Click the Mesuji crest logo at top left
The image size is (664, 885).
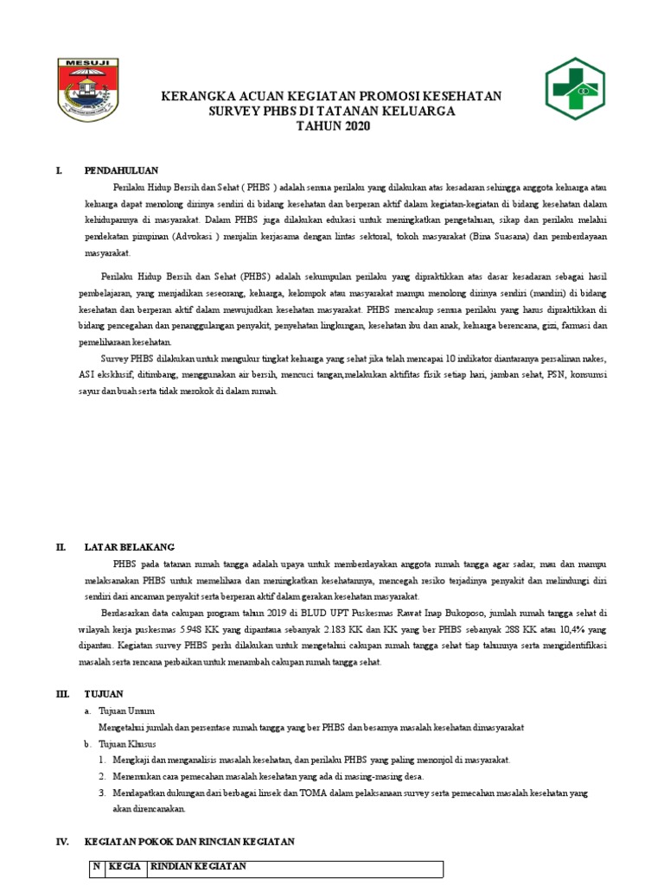pyautogui.click(x=88, y=90)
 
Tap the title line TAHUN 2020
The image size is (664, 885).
pyautogui.click(x=332, y=127)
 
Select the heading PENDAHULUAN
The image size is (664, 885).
pyautogui.click(x=121, y=170)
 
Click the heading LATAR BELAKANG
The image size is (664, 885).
pyautogui.click(x=129, y=547)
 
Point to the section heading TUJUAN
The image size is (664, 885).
pyautogui.click(x=104, y=693)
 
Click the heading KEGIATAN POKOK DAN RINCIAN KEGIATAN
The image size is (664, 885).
pyautogui.click(x=189, y=840)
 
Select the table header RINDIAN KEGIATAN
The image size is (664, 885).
pyautogui.click(x=198, y=866)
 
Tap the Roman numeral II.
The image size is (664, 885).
pyautogui.click(x=61, y=547)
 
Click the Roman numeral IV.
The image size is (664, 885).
pyautogui.click(x=61, y=840)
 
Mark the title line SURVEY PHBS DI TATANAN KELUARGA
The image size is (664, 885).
pyautogui.click(x=332, y=111)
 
